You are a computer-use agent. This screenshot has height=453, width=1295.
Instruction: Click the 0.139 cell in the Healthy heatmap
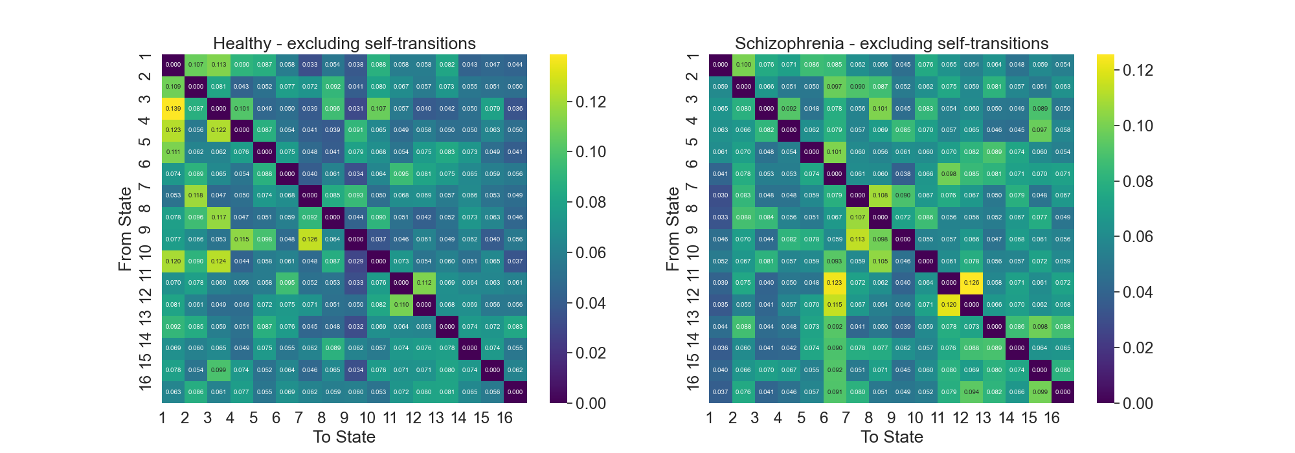coord(173,109)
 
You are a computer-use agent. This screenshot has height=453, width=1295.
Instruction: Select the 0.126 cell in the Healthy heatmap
coord(310,239)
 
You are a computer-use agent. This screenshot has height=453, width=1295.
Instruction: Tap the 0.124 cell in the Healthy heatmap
coord(219,261)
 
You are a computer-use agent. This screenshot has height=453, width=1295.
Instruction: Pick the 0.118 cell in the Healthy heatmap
coord(196,195)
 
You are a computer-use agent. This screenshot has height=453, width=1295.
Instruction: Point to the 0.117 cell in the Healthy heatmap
coord(219,217)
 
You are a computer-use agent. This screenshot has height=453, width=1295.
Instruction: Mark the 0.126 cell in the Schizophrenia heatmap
coord(971,283)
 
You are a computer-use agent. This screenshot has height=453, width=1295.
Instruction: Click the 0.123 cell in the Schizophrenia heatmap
coord(835,283)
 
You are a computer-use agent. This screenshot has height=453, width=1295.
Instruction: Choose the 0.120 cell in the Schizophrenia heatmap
coord(949,305)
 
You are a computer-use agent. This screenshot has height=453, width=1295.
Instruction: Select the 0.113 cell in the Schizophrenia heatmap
coord(857,239)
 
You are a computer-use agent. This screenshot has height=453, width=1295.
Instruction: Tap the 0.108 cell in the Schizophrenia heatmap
coord(880,195)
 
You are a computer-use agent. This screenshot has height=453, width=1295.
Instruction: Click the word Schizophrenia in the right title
coord(789,44)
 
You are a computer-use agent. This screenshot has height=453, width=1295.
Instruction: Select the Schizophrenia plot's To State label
coord(892,437)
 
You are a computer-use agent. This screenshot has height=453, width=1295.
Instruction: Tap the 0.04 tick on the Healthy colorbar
coord(591,303)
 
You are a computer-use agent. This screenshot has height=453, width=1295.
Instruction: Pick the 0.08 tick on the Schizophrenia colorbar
coord(1138,181)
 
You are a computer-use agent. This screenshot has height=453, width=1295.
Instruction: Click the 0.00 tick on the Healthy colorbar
coord(591,403)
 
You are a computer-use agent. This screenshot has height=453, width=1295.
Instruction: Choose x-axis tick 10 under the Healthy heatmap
coord(367,418)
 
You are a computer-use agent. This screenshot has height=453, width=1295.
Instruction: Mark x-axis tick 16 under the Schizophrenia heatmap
coord(1052,418)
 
